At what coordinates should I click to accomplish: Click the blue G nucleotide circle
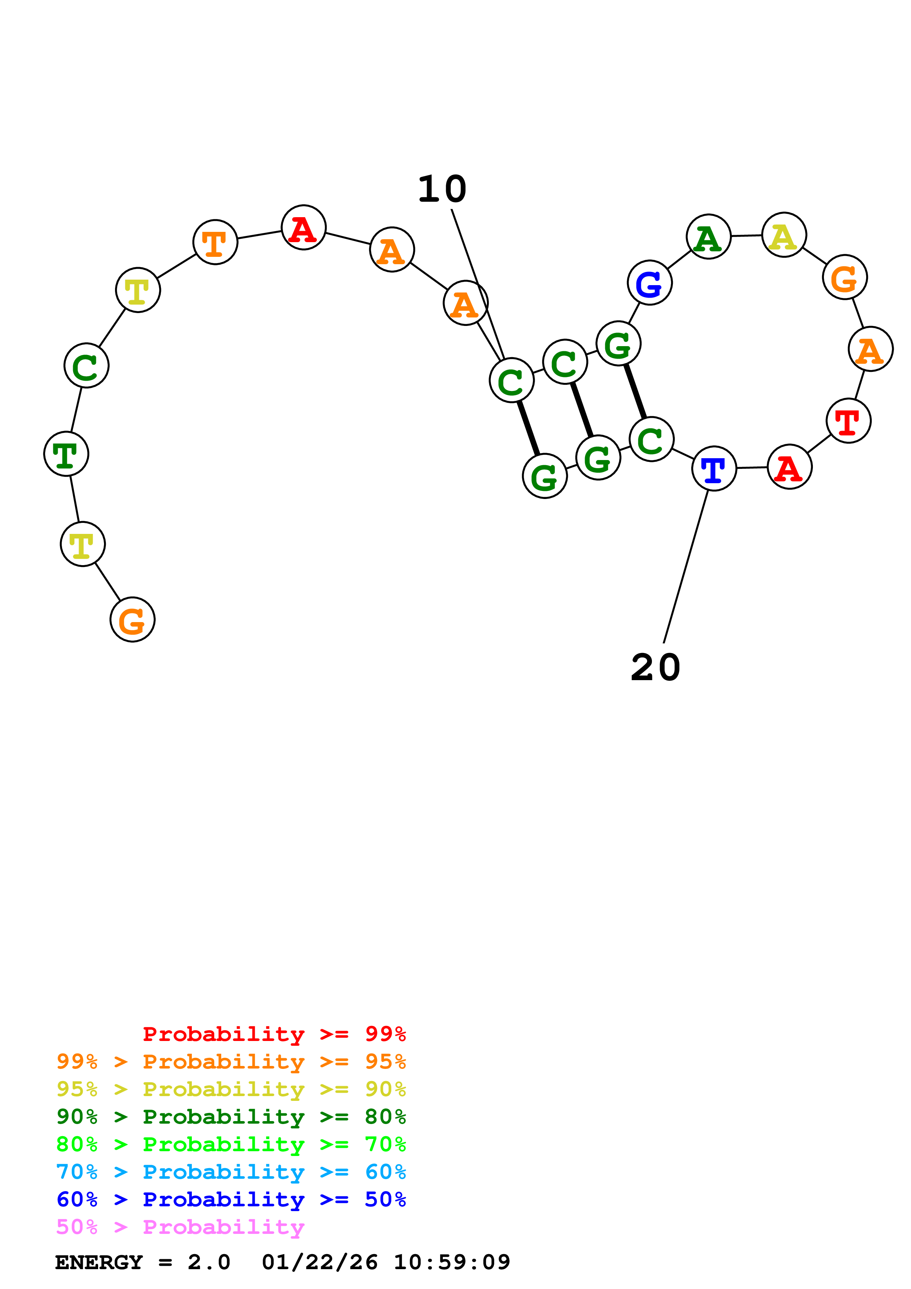(x=649, y=283)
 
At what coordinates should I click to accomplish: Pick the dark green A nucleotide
(x=709, y=237)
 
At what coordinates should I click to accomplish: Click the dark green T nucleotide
(x=66, y=454)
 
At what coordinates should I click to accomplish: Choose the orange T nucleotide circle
(x=215, y=242)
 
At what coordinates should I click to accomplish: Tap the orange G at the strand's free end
(x=132, y=620)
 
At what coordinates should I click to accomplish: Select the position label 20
(x=655, y=668)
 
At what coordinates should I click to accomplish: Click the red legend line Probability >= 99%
(x=274, y=1034)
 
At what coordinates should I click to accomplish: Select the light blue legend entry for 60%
(x=231, y=1172)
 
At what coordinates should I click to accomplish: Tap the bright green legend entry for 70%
(x=231, y=1144)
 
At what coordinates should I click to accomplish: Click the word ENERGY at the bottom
(x=99, y=1262)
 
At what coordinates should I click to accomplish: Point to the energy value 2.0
(x=209, y=1262)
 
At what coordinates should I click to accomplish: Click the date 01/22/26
(x=319, y=1262)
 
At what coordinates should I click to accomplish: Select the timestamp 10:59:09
(x=452, y=1262)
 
